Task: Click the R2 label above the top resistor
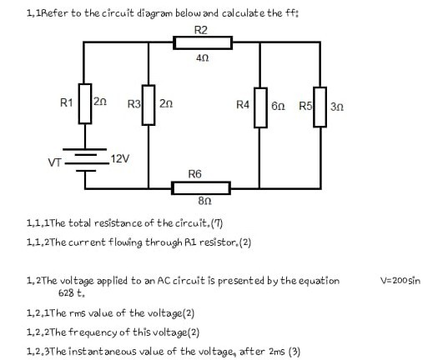(x=200, y=30)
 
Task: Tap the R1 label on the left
(x=67, y=103)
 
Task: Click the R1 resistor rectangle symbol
(x=84, y=102)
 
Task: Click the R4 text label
(x=244, y=105)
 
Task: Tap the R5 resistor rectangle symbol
(x=320, y=106)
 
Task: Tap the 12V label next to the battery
(x=121, y=157)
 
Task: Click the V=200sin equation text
(x=400, y=281)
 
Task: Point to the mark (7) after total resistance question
(x=217, y=223)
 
